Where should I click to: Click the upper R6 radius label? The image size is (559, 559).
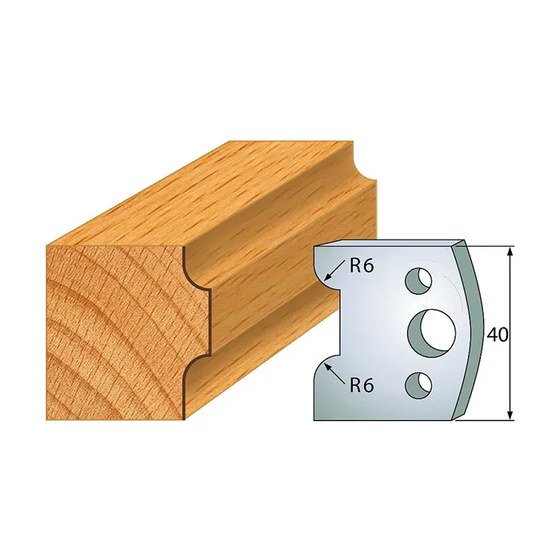361,266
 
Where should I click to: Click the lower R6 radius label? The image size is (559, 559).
361,386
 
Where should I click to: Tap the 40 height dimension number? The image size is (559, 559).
497,335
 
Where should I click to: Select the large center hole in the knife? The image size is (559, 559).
432,334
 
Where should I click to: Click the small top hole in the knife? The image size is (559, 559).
418,281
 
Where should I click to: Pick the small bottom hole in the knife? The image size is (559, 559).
418,385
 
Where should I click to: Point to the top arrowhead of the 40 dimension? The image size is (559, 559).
510,252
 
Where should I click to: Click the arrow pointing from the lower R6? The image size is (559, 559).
335,375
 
